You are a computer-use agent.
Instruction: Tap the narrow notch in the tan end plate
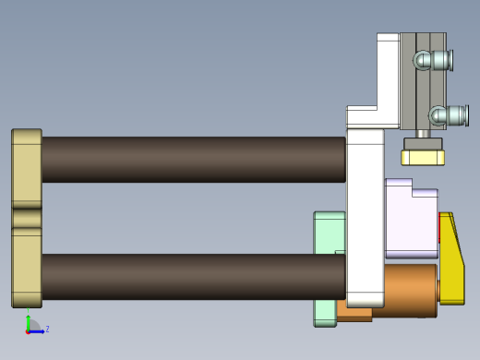[x=26, y=218]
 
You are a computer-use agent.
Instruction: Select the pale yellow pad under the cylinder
[x=423, y=156]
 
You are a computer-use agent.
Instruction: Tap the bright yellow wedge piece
[x=451, y=263]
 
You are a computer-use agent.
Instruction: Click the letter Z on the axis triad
[x=47, y=329]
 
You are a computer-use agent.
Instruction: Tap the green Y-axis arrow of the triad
[x=29, y=321]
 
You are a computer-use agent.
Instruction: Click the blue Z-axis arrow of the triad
[x=38, y=330]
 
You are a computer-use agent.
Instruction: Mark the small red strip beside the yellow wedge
[x=439, y=231]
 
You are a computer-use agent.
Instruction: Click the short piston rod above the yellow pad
[x=423, y=134]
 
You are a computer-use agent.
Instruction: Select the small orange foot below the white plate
[x=354, y=313]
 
